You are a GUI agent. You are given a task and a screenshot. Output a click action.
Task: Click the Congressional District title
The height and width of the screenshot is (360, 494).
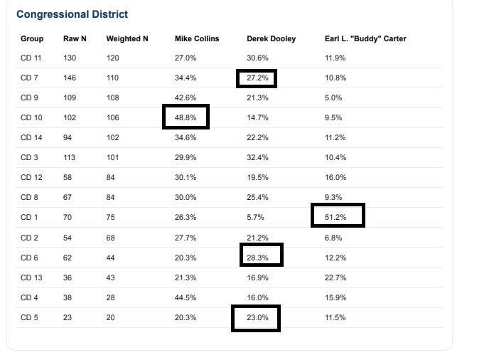click(73, 14)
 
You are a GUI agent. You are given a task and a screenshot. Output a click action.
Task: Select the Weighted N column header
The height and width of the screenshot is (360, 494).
click(127, 38)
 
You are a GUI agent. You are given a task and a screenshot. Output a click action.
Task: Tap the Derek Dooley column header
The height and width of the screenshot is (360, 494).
click(272, 38)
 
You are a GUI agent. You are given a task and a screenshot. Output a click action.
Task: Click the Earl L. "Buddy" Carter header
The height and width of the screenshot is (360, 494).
click(365, 38)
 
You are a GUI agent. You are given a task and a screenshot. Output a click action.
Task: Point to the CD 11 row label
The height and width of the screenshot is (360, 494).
click(31, 58)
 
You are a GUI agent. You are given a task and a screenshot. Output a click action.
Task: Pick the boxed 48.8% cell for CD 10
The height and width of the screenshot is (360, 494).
click(186, 117)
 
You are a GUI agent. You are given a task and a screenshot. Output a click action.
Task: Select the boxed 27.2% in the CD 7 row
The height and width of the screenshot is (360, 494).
click(257, 78)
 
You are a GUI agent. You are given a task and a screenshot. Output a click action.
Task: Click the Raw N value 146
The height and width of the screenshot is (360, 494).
click(70, 78)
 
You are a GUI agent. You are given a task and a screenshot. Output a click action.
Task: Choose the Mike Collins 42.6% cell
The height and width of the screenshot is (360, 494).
click(186, 97)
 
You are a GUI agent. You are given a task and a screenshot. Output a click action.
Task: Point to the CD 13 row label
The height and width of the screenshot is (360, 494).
click(31, 277)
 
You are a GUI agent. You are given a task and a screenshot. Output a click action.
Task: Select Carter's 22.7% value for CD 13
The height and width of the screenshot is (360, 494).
click(335, 277)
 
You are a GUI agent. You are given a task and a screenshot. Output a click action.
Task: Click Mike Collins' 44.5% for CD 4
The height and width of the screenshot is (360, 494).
click(186, 297)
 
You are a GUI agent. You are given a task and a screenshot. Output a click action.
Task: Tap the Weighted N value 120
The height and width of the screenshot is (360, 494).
click(112, 58)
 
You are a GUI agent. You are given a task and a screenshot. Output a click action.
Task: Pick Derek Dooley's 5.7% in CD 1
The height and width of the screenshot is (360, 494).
click(255, 217)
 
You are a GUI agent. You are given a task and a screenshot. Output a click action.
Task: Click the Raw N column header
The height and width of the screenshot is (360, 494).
click(75, 38)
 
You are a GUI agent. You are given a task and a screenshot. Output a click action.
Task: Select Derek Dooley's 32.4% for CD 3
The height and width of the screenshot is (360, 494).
click(257, 157)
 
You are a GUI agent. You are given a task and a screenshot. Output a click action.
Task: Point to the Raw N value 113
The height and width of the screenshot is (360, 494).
click(70, 157)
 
